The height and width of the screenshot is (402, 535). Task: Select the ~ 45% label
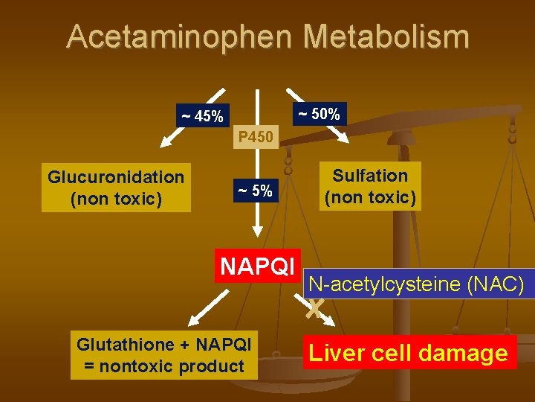tap(201, 116)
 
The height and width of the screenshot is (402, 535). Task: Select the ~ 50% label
tap(319, 114)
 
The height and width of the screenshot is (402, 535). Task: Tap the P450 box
tap(256, 137)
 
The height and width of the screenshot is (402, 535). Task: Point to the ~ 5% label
tap(255, 191)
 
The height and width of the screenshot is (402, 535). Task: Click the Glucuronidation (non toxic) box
tap(116, 188)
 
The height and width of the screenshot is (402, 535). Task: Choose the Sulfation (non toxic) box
tap(370, 186)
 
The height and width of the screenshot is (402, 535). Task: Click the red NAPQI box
tap(258, 266)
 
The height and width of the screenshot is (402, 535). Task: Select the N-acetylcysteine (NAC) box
tap(417, 284)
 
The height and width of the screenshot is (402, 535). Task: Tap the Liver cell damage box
tap(408, 353)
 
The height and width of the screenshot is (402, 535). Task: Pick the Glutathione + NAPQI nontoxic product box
tap(164, 355)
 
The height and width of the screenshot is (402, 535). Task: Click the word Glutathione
tap(127, 345)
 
